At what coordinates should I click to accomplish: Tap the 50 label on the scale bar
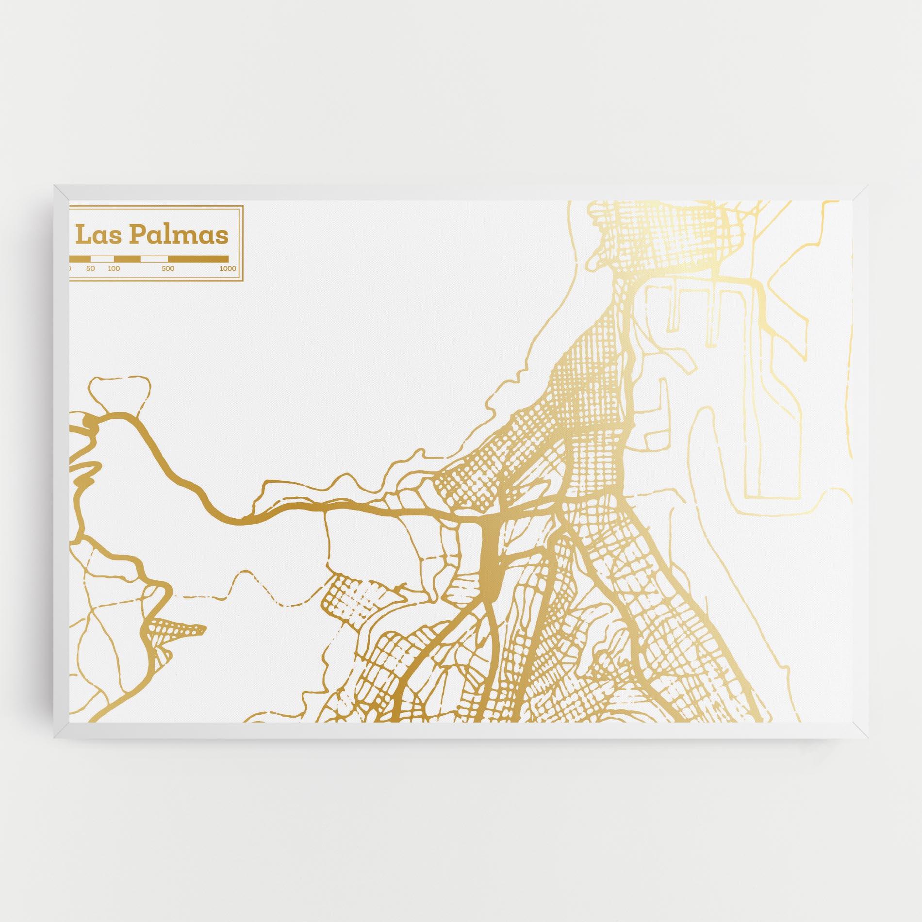point(91,268)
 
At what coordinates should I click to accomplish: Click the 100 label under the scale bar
point(114,268)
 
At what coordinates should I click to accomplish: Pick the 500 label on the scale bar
point(168,268)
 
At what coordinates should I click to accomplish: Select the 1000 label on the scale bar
point(227,268)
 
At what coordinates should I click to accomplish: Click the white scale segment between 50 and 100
point(102,259)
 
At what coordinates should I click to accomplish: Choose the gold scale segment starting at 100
point(127,259)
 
